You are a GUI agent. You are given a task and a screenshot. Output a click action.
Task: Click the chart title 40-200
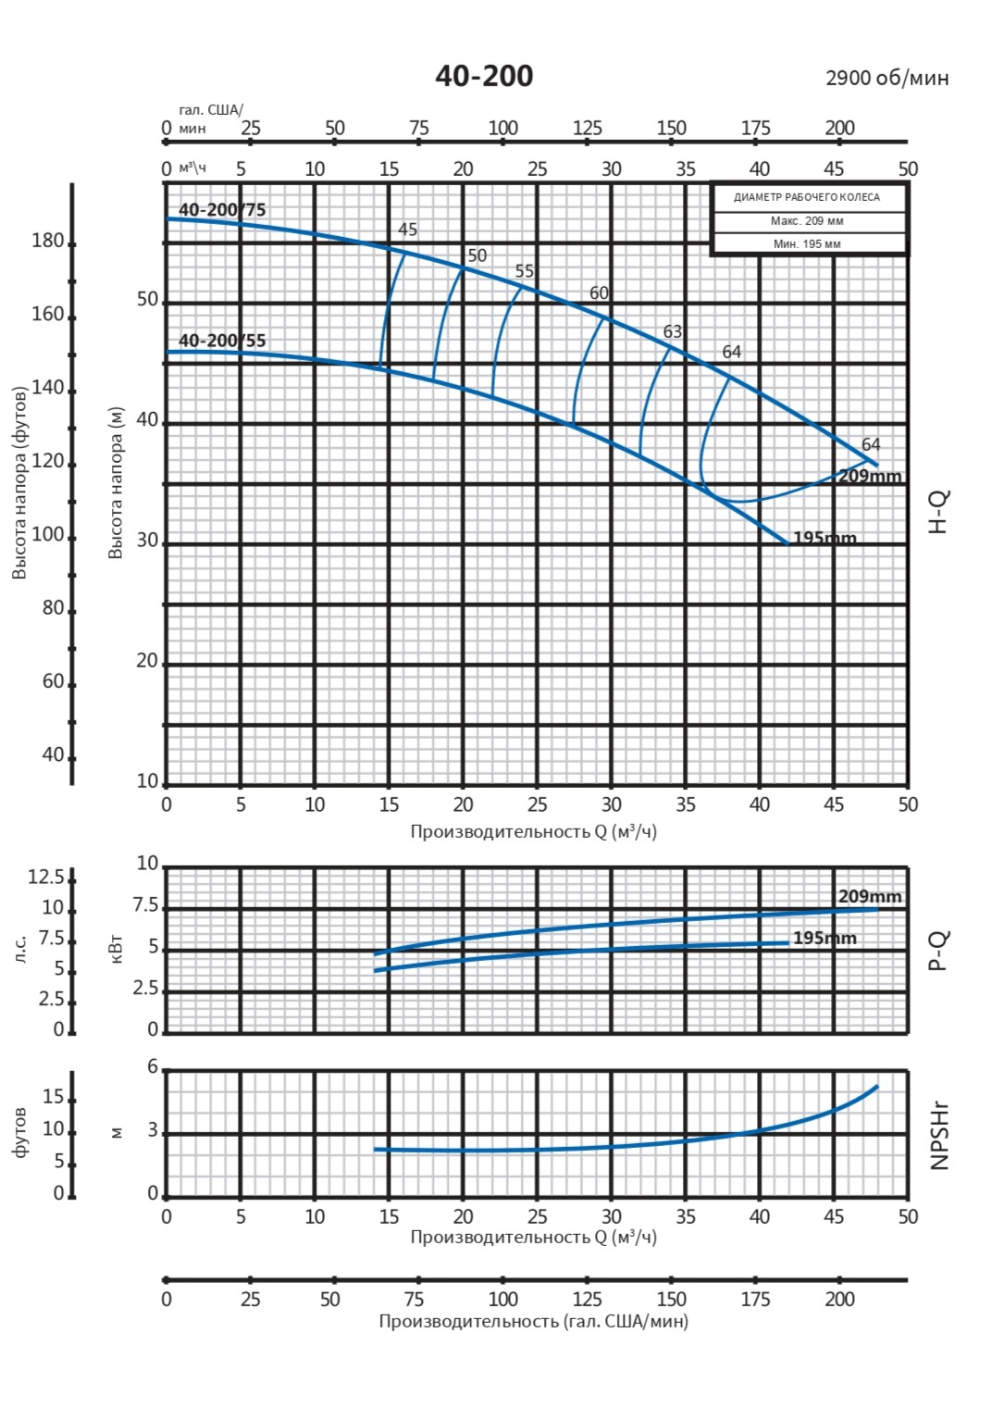coord(484,76)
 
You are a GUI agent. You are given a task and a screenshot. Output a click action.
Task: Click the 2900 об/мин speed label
coord(886,78)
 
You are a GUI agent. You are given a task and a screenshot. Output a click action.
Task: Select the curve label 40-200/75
coord(222,210)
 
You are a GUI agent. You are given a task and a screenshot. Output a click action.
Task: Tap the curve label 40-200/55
coord(222,341)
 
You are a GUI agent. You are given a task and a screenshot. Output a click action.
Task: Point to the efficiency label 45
coord(407,230)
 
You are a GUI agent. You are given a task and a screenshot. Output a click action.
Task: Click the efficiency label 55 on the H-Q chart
coord(525,271)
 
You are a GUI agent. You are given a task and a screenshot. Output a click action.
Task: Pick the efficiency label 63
coord(673,331)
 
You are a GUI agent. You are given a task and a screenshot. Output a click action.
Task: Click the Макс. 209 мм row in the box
coord(807,221)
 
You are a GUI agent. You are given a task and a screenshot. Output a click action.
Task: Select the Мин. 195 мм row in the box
coord(807,244)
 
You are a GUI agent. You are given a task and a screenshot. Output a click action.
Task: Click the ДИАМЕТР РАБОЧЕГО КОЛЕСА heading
coord(807,197)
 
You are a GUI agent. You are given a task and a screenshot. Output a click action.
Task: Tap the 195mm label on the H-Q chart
coord(824,538)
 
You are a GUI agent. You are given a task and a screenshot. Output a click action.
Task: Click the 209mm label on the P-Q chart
coord(870,896)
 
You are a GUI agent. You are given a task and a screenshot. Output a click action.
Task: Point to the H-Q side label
coord(938,512)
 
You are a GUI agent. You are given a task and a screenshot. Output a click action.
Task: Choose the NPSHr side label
coord(939,1136)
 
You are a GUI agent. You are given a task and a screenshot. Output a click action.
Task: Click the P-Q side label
coord(938,951)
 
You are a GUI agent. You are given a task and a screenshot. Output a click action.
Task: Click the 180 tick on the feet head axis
coord(48,242)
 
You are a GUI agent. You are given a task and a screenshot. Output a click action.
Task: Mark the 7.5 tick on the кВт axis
coord(146,906)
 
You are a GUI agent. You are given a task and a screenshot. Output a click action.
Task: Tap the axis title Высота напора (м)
coord(116,482)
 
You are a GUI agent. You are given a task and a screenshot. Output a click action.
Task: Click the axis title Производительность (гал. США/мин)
coord(533,1321)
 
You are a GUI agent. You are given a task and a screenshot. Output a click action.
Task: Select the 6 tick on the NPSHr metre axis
coord(154,1067)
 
